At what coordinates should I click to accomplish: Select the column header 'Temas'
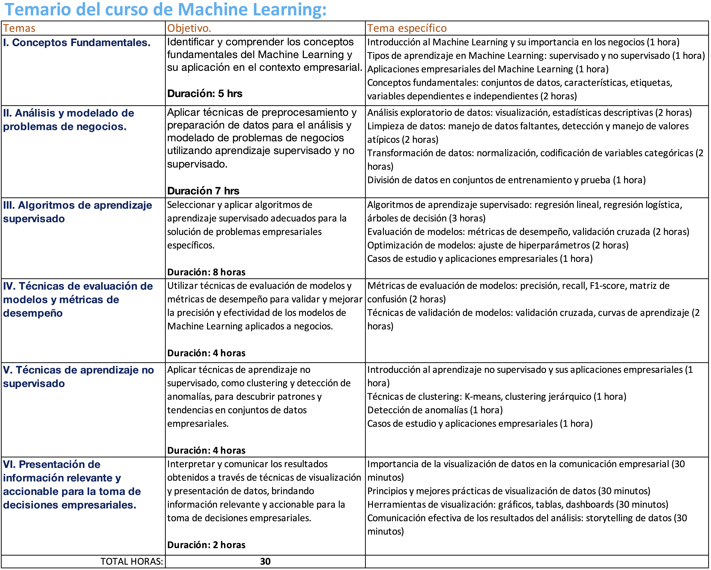pyautogui.click(x=19, y=28)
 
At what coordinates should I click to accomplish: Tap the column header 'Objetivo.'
pyautogui.click(x=189, y=28)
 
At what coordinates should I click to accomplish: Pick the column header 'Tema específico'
pyautogui.click(x=407, y=28)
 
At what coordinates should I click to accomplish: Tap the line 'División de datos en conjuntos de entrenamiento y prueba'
pyautogui.click(x=506, y=180)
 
